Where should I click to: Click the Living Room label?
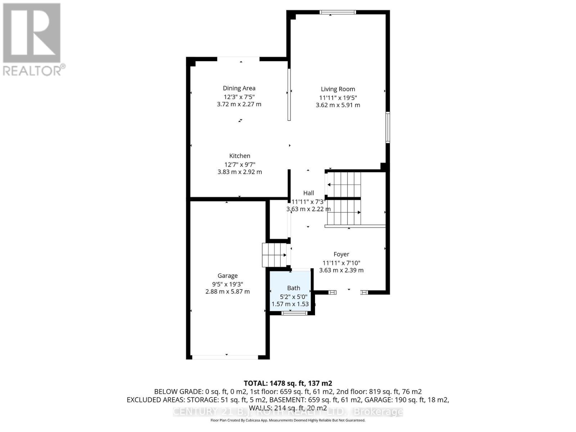pos(338,89)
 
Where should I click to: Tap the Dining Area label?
pos(239,88)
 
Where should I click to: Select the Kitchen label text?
pos(240,156)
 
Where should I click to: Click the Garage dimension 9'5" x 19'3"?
pos(228,284)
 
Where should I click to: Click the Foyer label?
pos(341,254)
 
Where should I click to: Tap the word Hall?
pos(309,193)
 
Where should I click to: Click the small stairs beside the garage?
pos(274,255)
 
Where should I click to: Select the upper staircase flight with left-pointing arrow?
pos(344,185)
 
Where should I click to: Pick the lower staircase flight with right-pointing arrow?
pos(344,212)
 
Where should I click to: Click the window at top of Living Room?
pos(338,12)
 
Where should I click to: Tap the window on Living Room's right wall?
pos(388,127)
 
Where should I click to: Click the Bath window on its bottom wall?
pos(294,313)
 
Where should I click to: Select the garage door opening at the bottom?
pos(225,357)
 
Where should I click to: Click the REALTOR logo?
pos(32,40)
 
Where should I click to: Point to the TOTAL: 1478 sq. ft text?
pos(288,383)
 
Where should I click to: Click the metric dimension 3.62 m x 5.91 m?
pos(338,105)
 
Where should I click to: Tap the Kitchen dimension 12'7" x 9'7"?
pos(240,165)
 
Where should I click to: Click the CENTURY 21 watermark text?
pos(288,411)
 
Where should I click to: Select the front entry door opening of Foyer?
pos(348,292)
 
